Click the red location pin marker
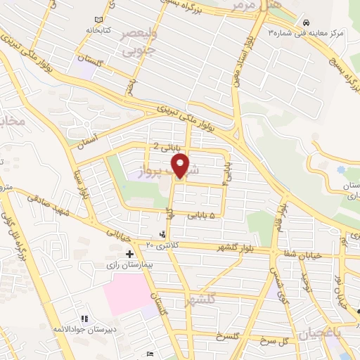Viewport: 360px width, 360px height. coord(181,166)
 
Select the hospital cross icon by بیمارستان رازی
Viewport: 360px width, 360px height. coord(129,253)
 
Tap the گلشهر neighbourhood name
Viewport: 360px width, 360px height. coord(199,301)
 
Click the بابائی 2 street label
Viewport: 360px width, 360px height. coord(167,147)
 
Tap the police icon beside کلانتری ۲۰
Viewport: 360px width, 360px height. coord(162,234)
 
